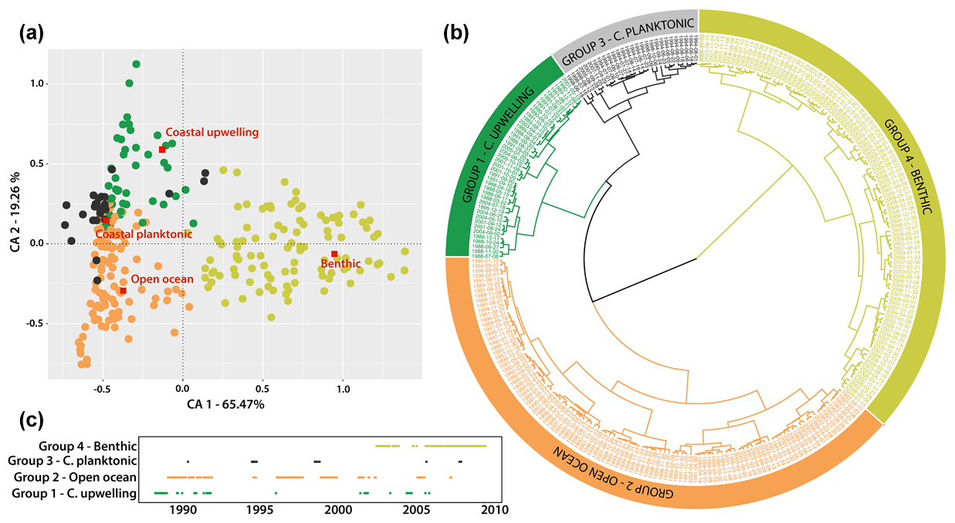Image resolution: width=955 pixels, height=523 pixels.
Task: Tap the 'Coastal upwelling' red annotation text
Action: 212,133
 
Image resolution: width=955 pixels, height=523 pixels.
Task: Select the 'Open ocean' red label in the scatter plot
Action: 161,279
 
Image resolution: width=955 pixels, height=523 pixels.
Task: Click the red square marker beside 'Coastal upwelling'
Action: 162,149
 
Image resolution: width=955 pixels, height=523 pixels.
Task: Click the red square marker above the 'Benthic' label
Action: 334,254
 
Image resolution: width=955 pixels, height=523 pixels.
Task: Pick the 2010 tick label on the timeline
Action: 495,510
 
